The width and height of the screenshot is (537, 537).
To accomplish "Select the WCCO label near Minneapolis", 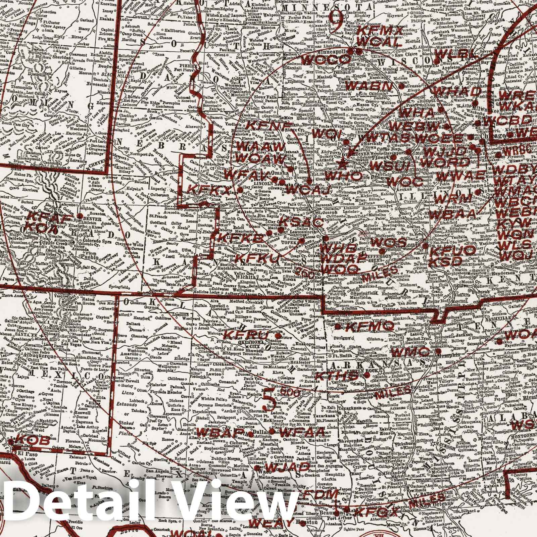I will click(x=325, y=59).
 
